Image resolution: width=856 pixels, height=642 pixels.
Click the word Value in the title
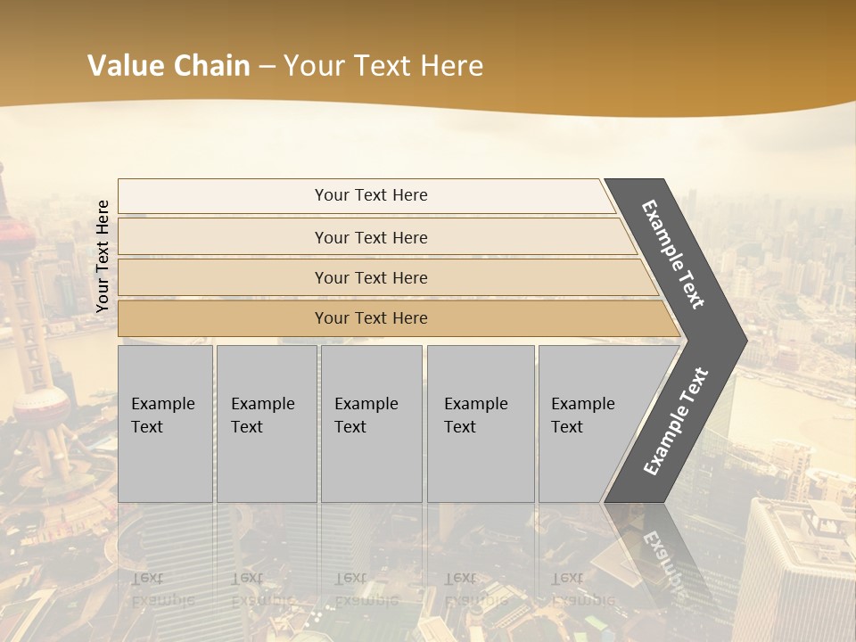(x=124, y=66)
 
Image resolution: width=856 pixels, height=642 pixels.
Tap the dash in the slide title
(x=266, y=67)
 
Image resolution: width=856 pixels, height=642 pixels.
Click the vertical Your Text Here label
(x=103, y=256)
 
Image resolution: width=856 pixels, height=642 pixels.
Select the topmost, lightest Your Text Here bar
(x=371, y=195)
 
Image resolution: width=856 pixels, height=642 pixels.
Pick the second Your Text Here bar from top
(x=371, y=237)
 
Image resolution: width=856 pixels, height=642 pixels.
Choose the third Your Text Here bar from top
(x=371, y=277)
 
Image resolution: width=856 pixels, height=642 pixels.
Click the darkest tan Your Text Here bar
(x=371, y=318)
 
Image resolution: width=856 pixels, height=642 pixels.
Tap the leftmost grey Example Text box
(x=165, y=424)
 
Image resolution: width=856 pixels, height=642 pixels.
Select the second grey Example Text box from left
(x=267, y=424)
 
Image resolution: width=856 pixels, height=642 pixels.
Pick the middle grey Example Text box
(x=371, y=424)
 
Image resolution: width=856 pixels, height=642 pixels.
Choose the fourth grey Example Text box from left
(x=481, y=424)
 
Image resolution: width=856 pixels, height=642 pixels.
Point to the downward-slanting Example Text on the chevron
(x=673, y=254)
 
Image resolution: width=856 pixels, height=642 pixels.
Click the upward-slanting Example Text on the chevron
(x=676, y=421)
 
